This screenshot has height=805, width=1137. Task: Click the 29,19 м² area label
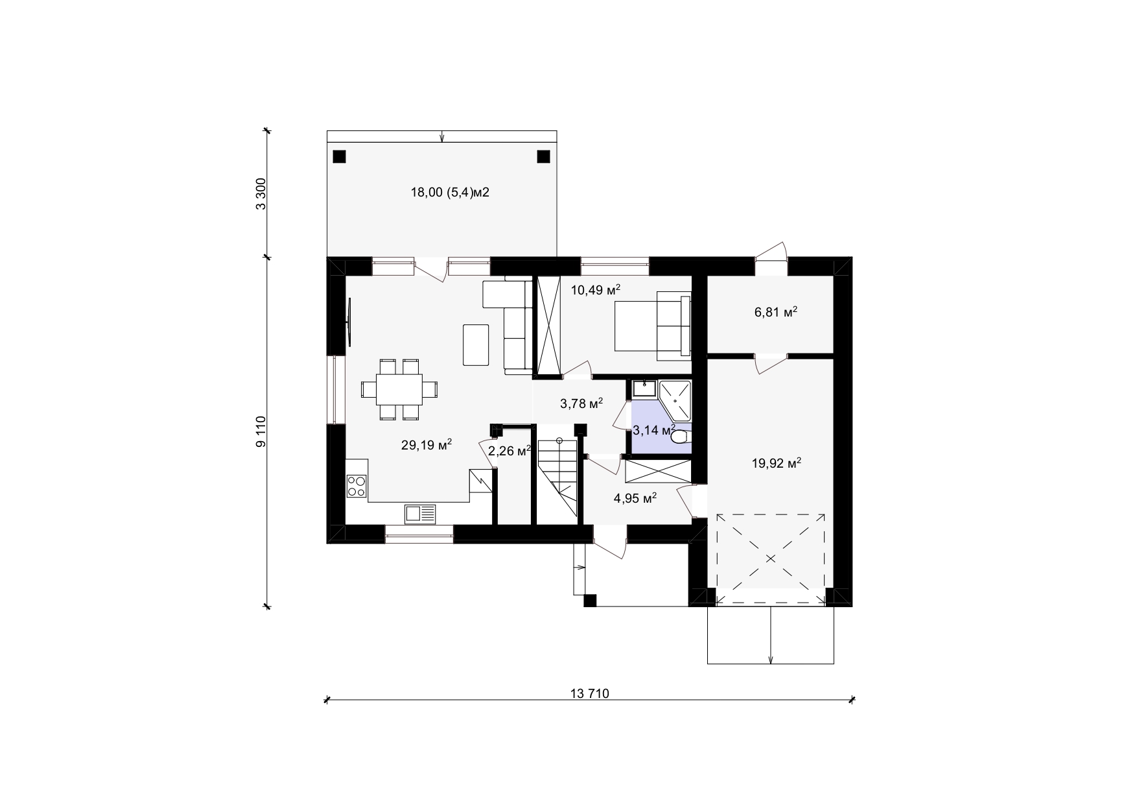[x=426, y=445]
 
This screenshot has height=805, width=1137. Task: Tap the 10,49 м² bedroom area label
[x=596, y=290]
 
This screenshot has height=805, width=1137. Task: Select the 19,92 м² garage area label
[x=777, y=463]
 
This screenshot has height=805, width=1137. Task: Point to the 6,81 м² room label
[x=776, y=312]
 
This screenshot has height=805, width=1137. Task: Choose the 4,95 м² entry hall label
[x=635, y=498]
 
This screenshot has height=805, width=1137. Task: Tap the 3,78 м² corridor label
[x=581, y=404]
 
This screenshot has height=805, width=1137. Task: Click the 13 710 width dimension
[x=590, y=693]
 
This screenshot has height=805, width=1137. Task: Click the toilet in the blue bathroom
[x=680, y=437]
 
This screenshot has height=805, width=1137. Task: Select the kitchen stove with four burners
[x=356, y=487]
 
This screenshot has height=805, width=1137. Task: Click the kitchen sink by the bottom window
[x=421, y=514]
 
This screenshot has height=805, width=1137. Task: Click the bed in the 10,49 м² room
[x=653, y=326]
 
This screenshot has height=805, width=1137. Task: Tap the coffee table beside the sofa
[x=476, y=344]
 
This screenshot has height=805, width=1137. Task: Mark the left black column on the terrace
[x=339, y=156]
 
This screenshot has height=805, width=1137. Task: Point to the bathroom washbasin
[x=644, y=389]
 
